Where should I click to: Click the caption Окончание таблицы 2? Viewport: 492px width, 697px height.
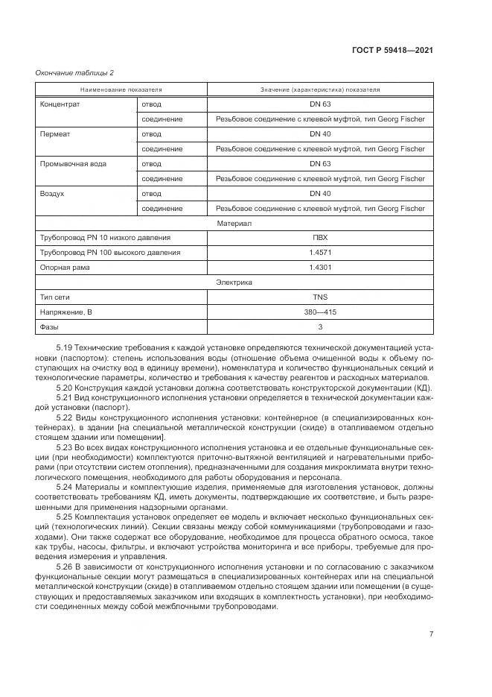pyautogui.click(x=74, y=72)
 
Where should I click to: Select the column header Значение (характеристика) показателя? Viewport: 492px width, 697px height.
pyautogui.click(x=319, y=89)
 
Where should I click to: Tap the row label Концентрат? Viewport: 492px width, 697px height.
pyautogui.click(x=60, y=104)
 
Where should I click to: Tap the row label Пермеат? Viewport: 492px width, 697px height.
pyautogui.click(x=55, y=134)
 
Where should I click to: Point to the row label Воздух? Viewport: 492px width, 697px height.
pyautogui.click(x=52, y=193)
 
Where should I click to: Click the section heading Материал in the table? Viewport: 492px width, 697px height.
pyautogui.click(x=234, y=223)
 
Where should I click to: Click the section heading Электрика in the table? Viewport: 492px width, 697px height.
pyautogui.click(x=234, y=283)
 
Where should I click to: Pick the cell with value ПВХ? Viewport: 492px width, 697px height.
pyautogui.click(x=319, y=238)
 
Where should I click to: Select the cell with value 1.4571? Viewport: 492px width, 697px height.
pyautogui.click(x=319, y=253)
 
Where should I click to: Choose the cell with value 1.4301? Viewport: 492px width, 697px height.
pyautogui.click(x=319, y=268)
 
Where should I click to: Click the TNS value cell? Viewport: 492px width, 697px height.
pyautogui.click(x=319, y=297)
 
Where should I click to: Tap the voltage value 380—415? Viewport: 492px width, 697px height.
pyautogui.click(x=319, y=312)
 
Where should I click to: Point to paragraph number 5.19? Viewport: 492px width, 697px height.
pyautogui.click(x=66, y=348)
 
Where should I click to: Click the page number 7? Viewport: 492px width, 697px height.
pyautogui.click(x=431, y=634)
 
